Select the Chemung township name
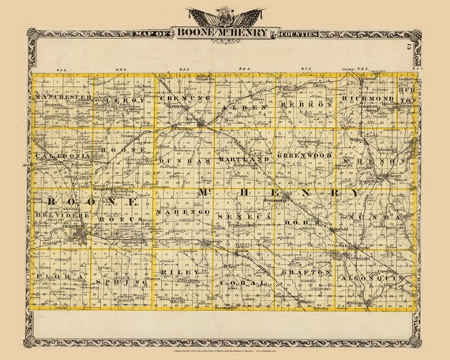(x=180, y=102)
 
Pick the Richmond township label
(x=367, y=100)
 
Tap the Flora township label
(x=51, y=276)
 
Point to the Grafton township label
(x=306, y=272)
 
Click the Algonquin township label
(x=371, y=279)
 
